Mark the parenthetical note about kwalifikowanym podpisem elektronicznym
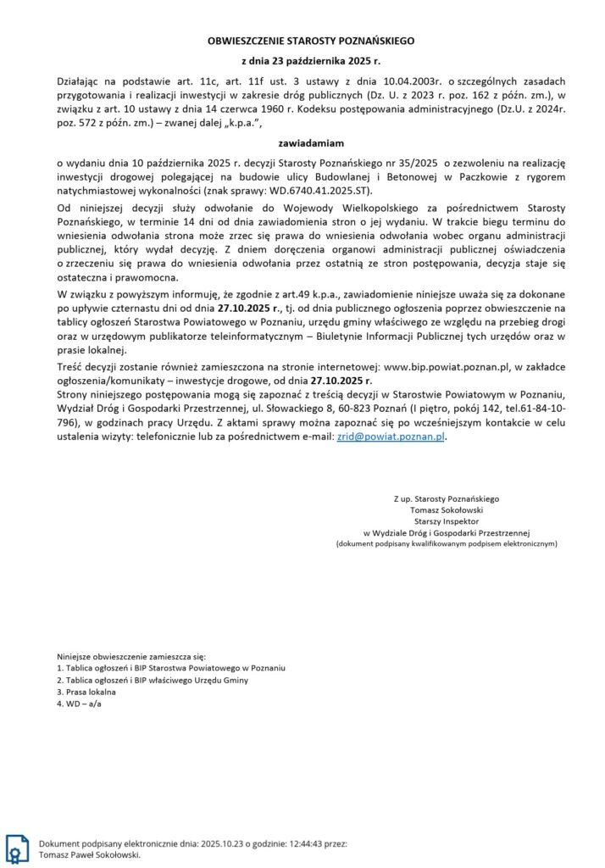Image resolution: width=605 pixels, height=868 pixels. [446, 543]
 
